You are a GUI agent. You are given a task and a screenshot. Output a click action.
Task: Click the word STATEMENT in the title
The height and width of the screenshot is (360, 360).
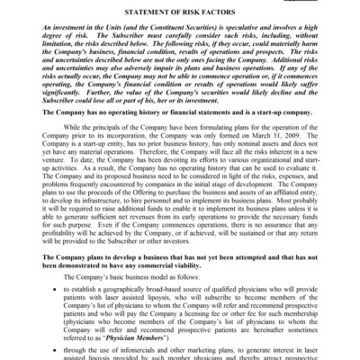click(x=135, y=10)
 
